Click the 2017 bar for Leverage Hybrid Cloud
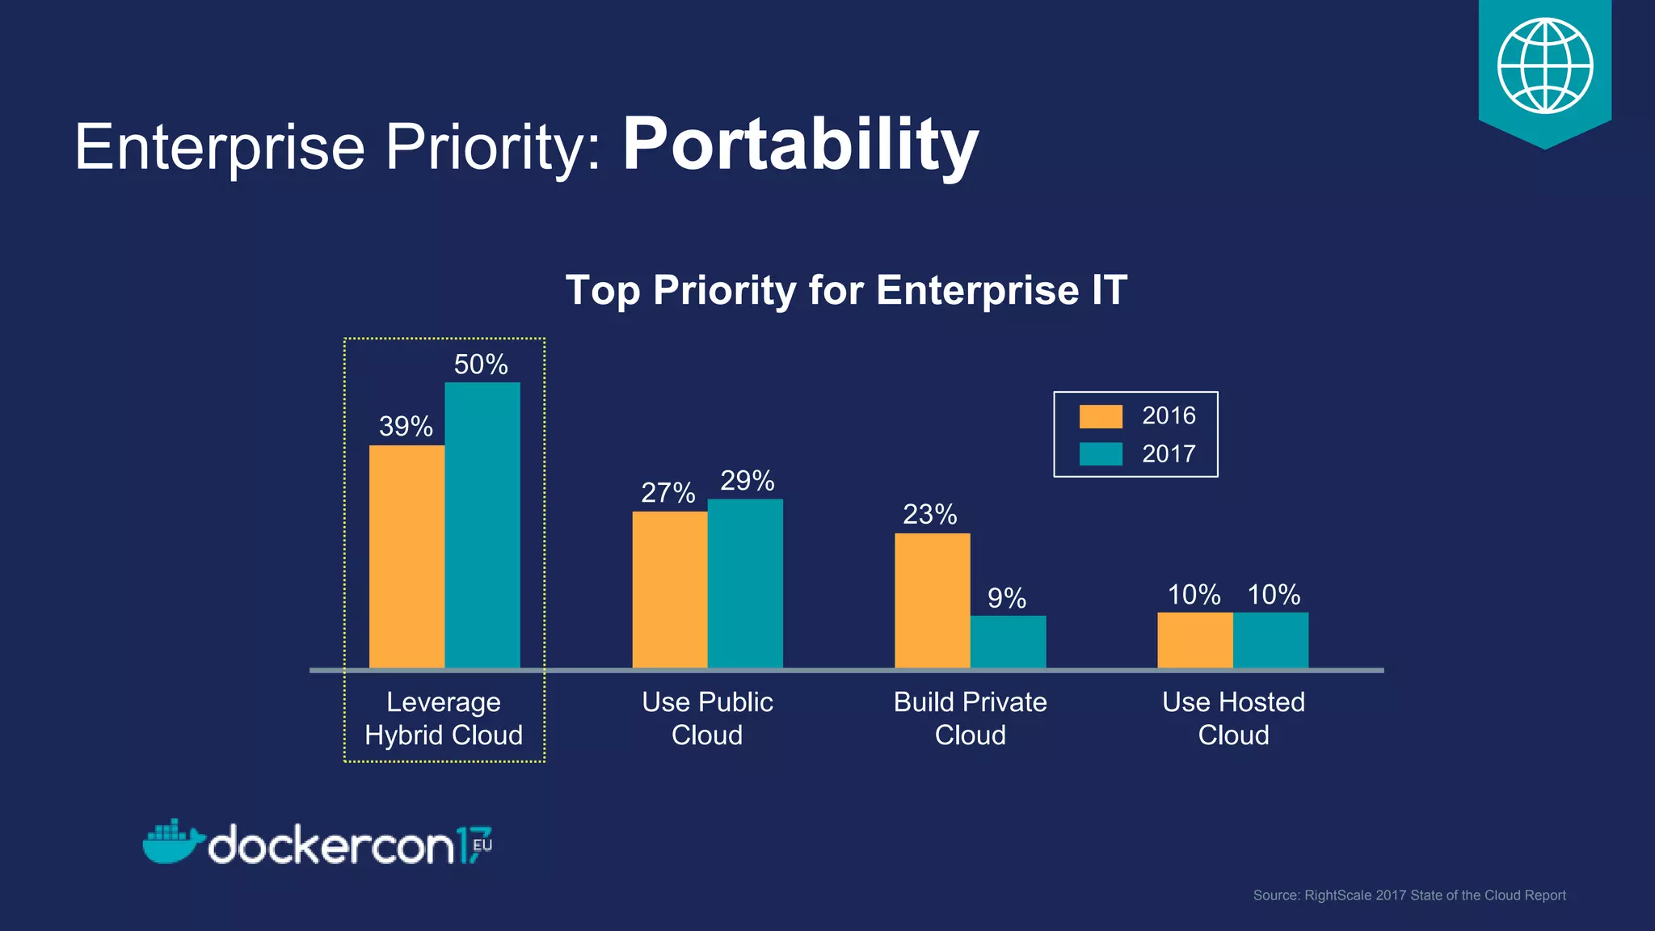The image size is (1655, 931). (482, 525)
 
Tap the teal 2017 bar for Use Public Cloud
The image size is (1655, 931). (745, 583)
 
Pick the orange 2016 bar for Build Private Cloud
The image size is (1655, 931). (932, 600)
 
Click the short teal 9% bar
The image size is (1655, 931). (1008, 642)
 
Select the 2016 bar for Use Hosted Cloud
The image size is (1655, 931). (1194, 640)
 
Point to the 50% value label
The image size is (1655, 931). (481, 364)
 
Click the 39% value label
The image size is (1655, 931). (406, 427)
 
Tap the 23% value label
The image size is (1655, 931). (929, 514)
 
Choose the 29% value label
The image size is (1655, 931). (747, 481)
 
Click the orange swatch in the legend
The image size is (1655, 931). (1100, 416)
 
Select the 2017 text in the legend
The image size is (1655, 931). (1168, 454)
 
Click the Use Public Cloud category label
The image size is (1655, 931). (707, 718)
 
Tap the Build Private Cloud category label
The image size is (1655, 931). (970, 718)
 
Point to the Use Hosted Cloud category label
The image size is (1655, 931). (1233, 718)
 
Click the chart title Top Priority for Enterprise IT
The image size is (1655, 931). (845, 290)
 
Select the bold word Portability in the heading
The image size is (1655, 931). (800, 145)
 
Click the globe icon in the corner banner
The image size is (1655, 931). (1544, 66)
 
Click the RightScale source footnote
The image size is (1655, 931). (1409, 895)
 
